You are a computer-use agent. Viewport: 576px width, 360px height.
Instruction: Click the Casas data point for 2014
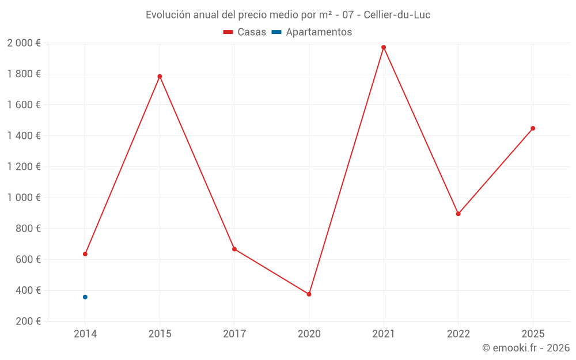[85, 254]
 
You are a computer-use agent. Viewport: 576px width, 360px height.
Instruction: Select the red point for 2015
[160, 76]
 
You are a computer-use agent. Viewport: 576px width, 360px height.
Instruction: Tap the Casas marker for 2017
[234, 249]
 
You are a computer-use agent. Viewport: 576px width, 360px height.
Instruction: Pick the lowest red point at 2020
[309, 294]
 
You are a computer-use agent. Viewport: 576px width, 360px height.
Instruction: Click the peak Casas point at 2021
[384, 47]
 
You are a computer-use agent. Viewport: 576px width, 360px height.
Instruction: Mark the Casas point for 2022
[458, 214]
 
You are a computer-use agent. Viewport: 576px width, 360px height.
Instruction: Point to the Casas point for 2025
[533, 128]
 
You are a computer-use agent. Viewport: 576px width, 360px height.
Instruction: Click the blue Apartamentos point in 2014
[85, 297]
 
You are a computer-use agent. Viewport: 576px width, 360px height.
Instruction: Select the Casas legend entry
[245, 32]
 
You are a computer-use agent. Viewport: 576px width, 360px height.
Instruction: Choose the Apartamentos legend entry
[312, 32]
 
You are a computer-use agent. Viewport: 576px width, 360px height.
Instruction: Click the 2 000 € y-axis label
[24, 43]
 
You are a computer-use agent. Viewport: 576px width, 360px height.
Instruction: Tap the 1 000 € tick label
[24, 198]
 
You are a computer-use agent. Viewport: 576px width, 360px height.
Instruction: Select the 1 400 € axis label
[24, 136]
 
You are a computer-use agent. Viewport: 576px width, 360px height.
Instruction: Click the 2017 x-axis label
[234, 334]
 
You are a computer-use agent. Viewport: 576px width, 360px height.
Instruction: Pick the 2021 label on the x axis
[384, 334]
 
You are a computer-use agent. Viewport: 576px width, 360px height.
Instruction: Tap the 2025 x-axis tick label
[533, 334]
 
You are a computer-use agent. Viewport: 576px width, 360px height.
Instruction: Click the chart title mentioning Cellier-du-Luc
[288, 14]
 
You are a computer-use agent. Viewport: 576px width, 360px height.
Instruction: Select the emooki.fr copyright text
[526, 348]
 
